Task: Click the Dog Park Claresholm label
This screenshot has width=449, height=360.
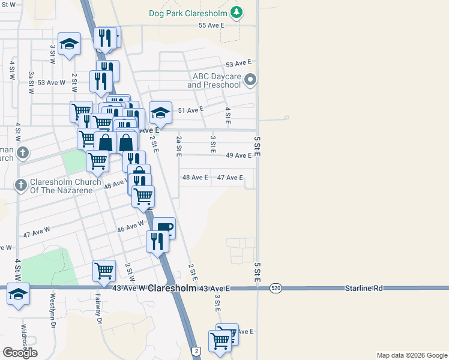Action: tap(187, 13)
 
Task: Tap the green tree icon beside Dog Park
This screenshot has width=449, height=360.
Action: tap(237, 12)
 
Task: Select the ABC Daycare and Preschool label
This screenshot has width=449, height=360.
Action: tap(217, 80)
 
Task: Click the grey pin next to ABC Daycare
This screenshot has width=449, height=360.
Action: tap(252, 80)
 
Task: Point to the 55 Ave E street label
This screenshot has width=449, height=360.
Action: tap(211, 25)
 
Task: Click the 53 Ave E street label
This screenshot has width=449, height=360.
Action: tap(238, 64)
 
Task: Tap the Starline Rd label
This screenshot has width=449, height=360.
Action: tap(364, 289)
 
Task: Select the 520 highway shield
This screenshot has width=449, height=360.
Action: tap(276, 288)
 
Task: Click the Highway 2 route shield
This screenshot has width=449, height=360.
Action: tap(196, 350)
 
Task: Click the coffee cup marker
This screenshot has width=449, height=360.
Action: tap(164, 227)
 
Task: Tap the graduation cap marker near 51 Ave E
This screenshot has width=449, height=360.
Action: tap(160, 112)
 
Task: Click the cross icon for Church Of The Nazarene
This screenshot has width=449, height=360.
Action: tap(20, 185)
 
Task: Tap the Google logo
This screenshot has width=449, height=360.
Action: tap(20, 353)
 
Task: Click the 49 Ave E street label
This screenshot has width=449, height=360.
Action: tap(238, 155)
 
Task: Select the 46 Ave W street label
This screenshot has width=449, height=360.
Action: tap(130, 226)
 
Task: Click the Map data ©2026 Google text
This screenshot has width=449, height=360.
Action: tap(411, 355)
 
